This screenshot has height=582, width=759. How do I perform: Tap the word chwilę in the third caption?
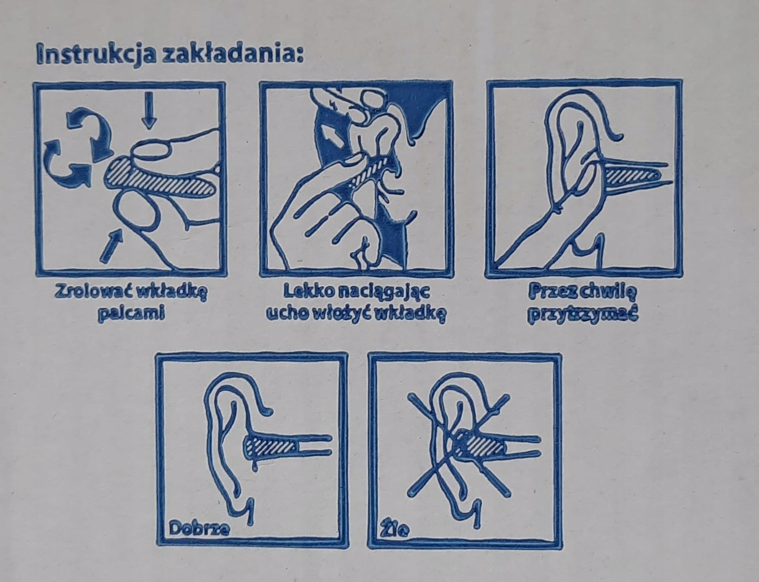608,292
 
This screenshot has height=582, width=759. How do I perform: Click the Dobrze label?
199,528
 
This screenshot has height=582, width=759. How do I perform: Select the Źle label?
394,529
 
